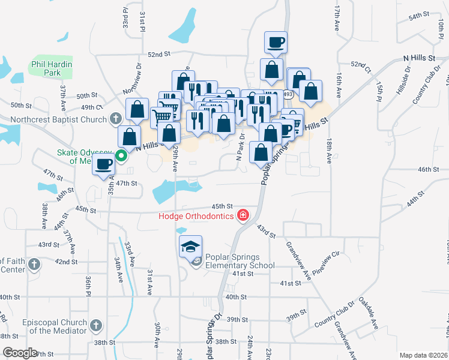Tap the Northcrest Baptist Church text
click(x=58, y=119)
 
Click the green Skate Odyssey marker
click(x=121, y=157)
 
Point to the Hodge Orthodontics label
click(x=196, y=216)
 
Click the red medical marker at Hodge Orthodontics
click(x=243, y=215)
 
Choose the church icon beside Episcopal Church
click(x=95, y=326)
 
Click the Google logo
click(x=20, y=353)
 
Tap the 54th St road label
click(x=418, y=15)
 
